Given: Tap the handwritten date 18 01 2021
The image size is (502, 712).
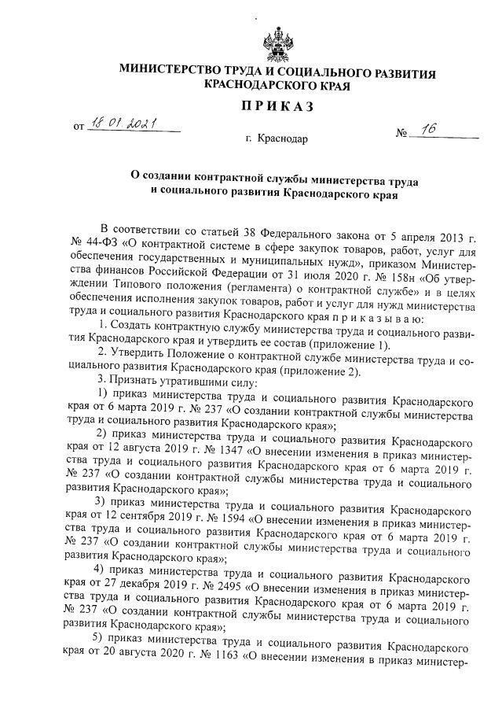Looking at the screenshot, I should point(123,124).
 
